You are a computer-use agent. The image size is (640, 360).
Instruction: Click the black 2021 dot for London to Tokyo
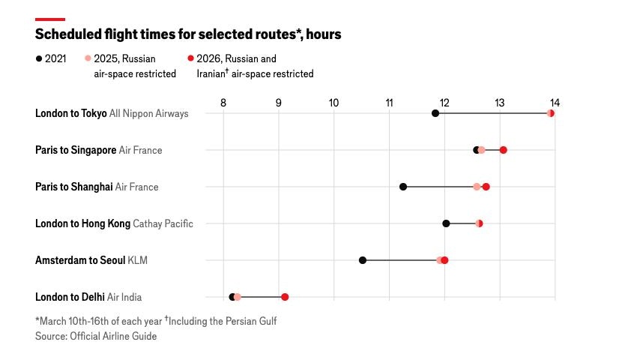pos(435,113)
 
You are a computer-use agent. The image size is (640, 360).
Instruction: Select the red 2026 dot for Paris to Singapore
pos(503,150)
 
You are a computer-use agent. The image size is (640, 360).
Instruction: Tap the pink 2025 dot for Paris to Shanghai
pos(477,187)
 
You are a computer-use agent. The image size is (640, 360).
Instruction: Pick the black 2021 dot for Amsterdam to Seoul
pos(363,260)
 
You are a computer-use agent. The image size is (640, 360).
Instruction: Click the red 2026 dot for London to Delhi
pos(285,297)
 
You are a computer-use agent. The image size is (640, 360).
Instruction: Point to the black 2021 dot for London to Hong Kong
pos(446,223)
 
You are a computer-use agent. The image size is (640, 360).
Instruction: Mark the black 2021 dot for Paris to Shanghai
pos(403,187)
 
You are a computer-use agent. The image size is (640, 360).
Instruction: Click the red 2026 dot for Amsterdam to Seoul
pos(444,260)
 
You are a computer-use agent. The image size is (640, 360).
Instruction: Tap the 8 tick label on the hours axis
pos(223,102)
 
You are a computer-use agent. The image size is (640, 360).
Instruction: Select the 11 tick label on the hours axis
pos(389,102)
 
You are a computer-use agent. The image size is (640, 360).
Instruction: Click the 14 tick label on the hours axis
pos(555,102)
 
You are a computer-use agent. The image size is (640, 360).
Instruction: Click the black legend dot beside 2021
pos(39,58)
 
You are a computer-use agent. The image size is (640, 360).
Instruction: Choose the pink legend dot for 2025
pos(88,58)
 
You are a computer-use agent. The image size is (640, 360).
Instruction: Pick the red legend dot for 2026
pos(191,58)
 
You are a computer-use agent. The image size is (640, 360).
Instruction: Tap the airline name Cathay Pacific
pos(163,223)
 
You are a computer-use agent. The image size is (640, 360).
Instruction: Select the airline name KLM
pos(138,260)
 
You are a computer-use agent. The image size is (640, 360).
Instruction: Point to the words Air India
pos(124,297)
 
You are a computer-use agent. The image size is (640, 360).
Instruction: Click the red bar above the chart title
pos(50,19)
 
